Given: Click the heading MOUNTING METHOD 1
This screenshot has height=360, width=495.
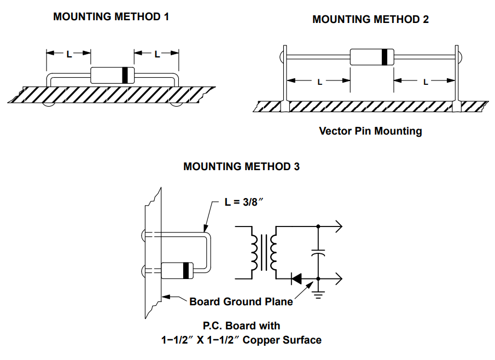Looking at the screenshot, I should point(111,16).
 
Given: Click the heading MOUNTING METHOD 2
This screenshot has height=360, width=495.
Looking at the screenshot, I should point(370,19).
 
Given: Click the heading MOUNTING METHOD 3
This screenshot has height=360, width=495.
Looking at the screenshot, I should point(241,166).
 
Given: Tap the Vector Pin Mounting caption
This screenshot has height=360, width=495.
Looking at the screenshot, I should point(370,131).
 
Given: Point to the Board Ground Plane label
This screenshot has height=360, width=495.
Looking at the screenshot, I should point(241,301).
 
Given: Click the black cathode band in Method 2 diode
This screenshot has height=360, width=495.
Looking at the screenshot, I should point(387,56).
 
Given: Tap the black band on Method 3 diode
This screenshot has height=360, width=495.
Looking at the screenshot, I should point(187,270).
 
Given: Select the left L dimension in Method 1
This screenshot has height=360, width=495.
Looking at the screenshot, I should point(69,54).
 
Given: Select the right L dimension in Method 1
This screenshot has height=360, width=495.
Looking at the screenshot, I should point(157,54).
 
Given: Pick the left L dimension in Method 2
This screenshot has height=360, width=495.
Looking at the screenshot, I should point(319,82).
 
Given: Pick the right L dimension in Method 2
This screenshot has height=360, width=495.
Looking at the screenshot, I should point(425,82).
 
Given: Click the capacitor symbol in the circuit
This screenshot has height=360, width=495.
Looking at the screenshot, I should point(318,253).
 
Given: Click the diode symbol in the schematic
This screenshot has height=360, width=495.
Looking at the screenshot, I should point(297,279).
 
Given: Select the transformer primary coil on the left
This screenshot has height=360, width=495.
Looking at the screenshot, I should point(254,252).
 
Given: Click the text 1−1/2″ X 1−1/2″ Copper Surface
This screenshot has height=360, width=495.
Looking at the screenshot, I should point(241,340).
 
